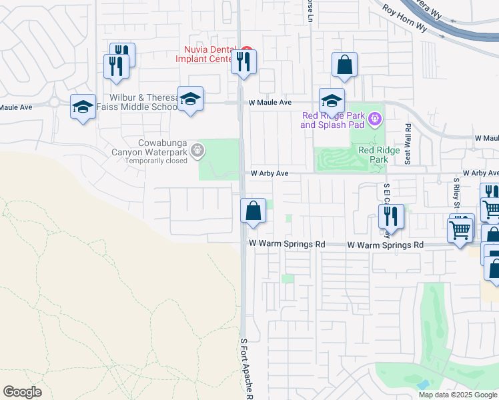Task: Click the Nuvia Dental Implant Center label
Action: point(207,54)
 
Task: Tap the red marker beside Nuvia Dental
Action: point(247,50)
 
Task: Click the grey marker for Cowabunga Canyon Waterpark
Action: point(197,151)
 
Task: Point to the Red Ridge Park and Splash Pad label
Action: point(332,120)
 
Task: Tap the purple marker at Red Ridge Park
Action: point(375,119)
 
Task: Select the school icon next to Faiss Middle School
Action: point(191,99)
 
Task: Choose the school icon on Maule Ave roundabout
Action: point(83,107)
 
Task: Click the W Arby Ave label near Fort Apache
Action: point(269,173)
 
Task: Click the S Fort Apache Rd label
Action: point(246,369)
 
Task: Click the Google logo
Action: point(23,392)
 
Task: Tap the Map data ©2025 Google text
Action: point(458,395)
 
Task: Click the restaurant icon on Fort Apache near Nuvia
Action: point(243,62)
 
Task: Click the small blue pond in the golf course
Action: point(423,385)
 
